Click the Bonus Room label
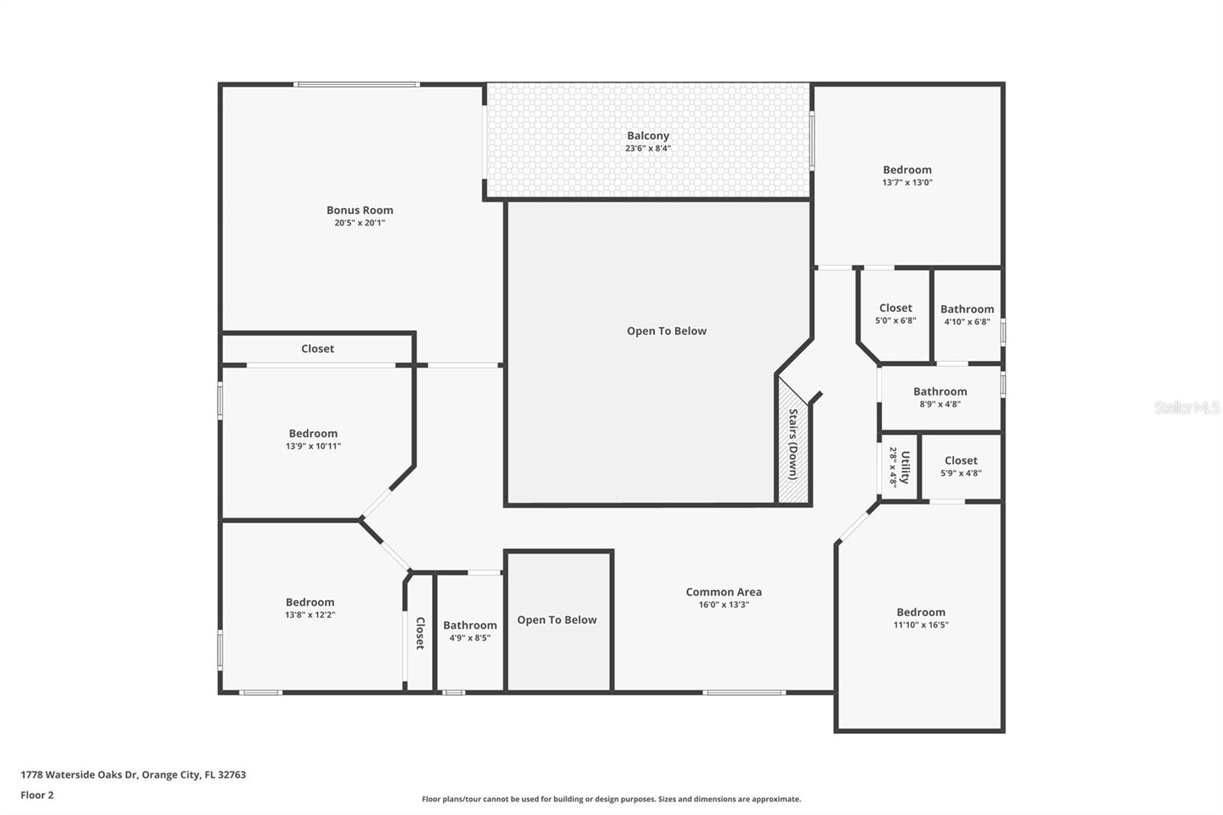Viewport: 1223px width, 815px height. click(359, 210)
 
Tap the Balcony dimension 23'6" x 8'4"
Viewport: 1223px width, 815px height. click(647, 148)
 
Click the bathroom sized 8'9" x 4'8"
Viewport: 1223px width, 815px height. click(939, 397)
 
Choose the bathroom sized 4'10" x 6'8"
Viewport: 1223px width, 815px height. click(967, 314)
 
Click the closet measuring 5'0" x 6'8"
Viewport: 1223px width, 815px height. click(895, 313)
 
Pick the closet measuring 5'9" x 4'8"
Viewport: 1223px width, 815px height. click(961, 466)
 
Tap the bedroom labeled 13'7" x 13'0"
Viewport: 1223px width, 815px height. click(907, 175)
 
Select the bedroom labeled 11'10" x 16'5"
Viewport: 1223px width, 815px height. click(920, 617)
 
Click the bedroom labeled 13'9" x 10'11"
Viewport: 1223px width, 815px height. click(313, 439)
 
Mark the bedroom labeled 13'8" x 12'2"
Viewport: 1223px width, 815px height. click(310, 607)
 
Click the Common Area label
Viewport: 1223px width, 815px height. click(723, 592)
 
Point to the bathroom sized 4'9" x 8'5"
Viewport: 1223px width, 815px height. click(469, 630)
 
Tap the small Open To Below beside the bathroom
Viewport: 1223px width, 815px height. click(556, 620)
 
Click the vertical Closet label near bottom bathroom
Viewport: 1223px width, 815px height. click(420, 633)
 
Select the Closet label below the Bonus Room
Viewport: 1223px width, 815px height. click(317, 349)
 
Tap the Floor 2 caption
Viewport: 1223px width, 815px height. click(37, 795)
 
